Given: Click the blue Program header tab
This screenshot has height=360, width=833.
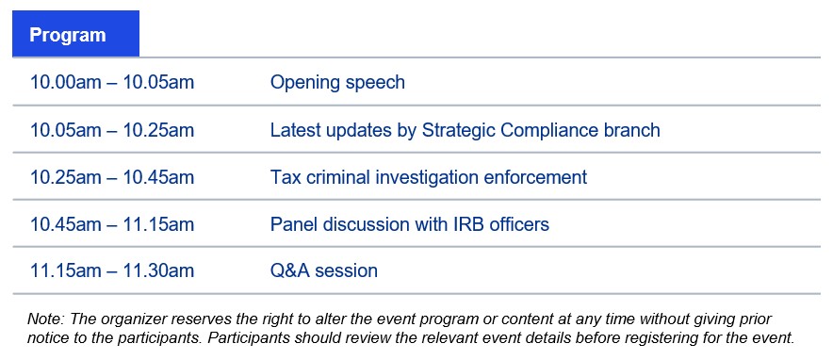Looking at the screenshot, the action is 75,33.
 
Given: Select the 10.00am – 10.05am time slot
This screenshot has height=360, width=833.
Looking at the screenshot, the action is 112,82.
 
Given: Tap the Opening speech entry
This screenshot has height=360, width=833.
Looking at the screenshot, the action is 337,83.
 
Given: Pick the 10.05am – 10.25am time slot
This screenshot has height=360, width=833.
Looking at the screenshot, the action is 112,130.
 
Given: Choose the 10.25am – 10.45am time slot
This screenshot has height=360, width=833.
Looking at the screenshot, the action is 112,177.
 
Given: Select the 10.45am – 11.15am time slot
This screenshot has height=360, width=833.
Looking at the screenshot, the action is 112,224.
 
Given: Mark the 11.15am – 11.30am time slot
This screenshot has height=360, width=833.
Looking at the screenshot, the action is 112,270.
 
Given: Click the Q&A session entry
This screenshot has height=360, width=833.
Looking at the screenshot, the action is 324,270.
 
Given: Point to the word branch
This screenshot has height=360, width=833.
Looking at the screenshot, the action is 635,130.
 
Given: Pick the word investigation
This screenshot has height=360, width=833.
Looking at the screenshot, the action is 427,177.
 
